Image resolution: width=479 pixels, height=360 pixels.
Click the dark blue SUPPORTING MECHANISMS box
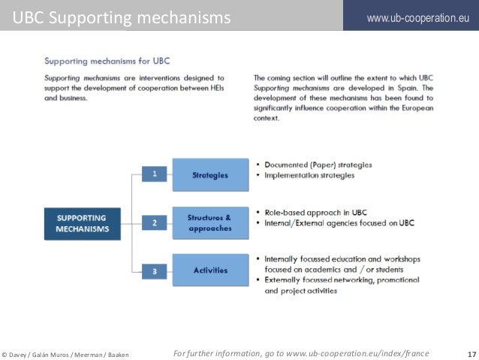pyautogui.click(x=83, y=223)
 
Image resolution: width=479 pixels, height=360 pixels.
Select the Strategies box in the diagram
pyautogui.click(x=210, y=175)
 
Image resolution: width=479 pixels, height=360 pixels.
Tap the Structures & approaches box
pyautogui.click(x=210, y=223)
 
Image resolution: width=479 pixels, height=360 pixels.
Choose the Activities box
pyautogui.click(x=210, y=271)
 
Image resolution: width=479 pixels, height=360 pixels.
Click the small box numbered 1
pyautogui.click(x=154, y=174)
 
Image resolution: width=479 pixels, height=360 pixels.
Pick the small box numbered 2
pyautogui.click(x=154, y=222)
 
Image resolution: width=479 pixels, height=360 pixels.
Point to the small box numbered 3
pyautogui.click(x=154, y=271)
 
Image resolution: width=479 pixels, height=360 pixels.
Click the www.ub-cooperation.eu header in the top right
pyautogui.click(x=411, y=17)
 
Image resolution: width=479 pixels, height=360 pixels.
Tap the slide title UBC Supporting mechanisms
pyautogui.click(x=122, y=17)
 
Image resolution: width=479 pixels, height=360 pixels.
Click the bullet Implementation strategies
pyautogui.click(x=309, y=175)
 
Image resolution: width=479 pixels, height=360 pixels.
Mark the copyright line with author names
pyautogui.click(x=66, y=354)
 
